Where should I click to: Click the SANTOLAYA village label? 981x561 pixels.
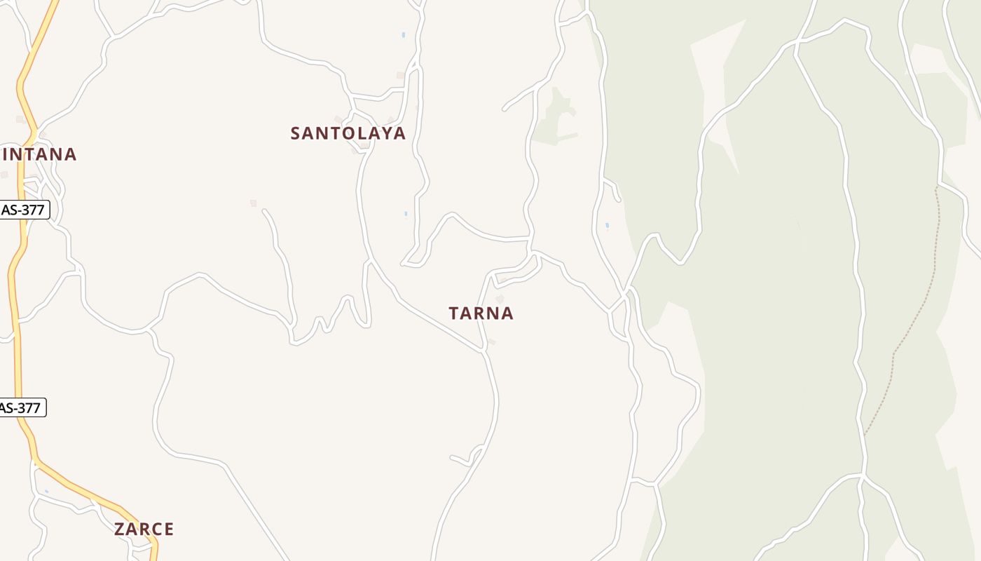click(348, 133)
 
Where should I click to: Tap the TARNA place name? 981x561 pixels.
click(481, 313)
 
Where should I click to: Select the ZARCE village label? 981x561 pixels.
click(144, 529)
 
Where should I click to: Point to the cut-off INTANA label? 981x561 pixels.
click(39, 154)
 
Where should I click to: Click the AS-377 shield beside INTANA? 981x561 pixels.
click(23, 210)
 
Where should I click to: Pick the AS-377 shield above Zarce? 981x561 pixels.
click(21, 407)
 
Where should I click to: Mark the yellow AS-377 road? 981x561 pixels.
click(16, 316)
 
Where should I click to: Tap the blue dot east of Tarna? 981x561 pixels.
click(607, 226)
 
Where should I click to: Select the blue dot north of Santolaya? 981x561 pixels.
click(403, 34)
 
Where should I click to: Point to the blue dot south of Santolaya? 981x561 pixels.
click(406, 214)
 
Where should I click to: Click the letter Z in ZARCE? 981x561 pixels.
click(119, 529)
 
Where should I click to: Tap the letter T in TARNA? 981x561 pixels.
click(454, 313)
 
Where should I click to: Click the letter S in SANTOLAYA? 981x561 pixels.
click(295, 133)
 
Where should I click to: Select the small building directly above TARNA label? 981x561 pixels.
click(500, 299)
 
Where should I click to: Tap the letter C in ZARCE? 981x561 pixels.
click(156, 529)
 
